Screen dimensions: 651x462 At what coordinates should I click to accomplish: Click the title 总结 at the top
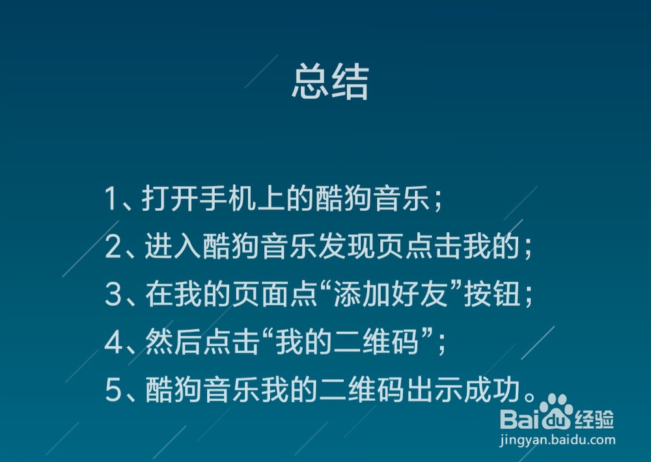pos(330,81)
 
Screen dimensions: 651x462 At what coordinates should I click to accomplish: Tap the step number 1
pos(111,198)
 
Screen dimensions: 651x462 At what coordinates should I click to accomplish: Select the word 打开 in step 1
pos(170,198)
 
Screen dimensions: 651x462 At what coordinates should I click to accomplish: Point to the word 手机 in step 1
pos(228,198)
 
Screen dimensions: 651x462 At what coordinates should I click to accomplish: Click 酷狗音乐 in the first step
pos(372,198)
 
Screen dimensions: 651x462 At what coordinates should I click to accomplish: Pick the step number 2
pos(113,247)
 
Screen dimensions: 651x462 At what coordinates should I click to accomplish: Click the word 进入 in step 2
pos(173,246)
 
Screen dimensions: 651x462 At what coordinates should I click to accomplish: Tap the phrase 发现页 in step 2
pos(361,246)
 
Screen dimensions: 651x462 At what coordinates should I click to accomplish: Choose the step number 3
pos(113,294)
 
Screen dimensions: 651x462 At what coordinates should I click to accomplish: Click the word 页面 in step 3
pos(260,294)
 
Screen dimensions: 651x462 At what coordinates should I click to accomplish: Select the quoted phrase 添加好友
pos(391,294)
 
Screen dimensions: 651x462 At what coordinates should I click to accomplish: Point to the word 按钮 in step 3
pos(492,294)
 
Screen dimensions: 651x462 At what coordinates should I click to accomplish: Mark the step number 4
pos(113,342)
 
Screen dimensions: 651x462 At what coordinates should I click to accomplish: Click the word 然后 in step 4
pos(174,342)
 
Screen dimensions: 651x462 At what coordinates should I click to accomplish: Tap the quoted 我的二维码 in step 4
pos(347,342)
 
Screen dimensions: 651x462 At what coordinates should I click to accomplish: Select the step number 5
pos(113,390)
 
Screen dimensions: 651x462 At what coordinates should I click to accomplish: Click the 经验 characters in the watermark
pos(594,419)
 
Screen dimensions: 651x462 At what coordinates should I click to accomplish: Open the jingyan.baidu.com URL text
pos(558,440)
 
